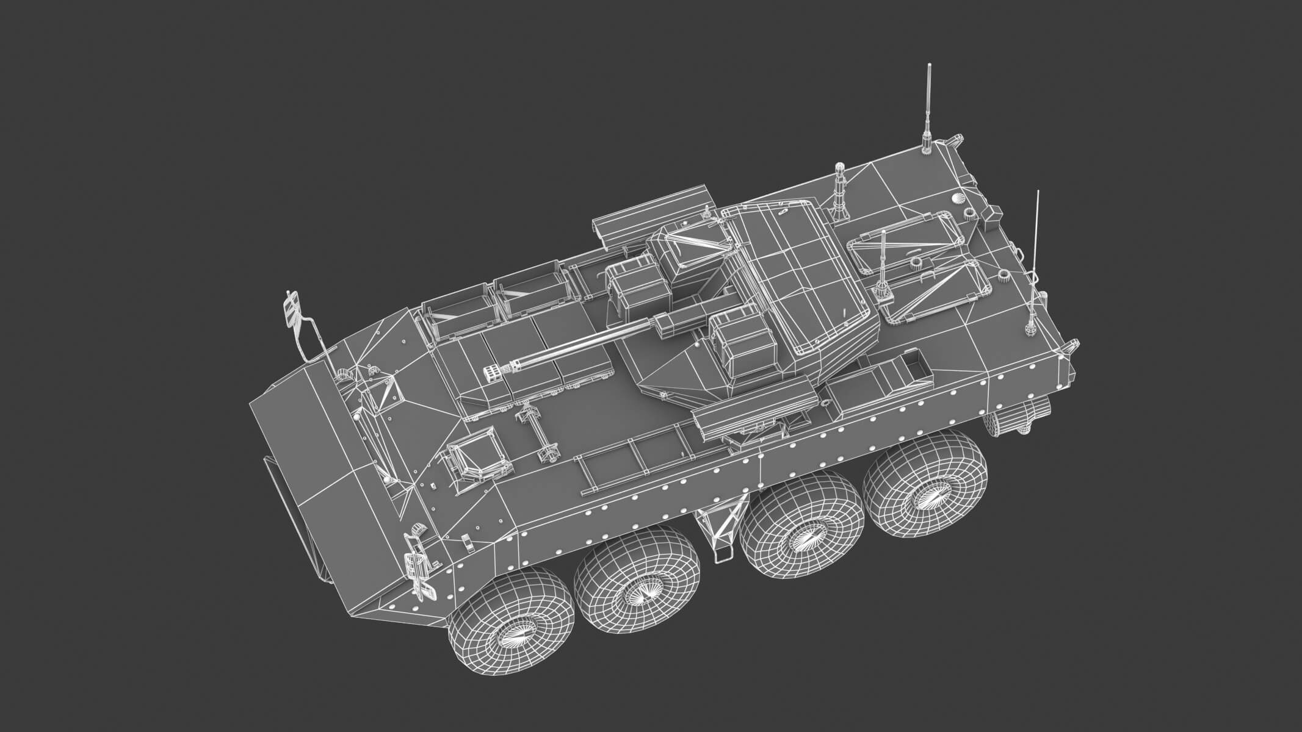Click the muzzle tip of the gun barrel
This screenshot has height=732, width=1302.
tap(490, 372)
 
